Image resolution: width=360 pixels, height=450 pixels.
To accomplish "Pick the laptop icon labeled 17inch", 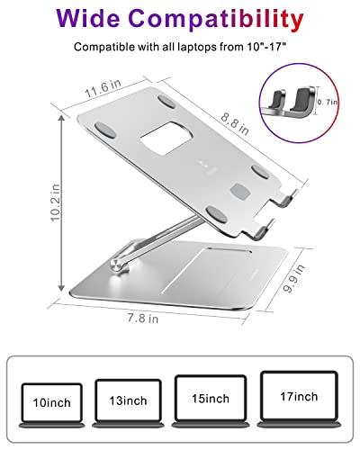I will coord(297,398).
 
